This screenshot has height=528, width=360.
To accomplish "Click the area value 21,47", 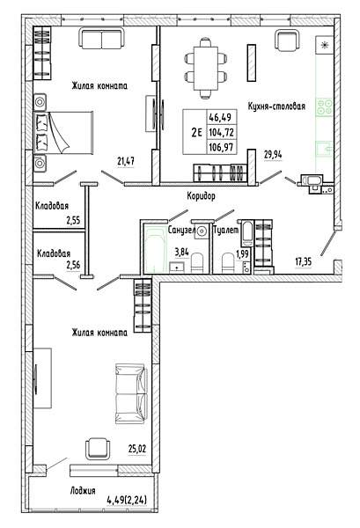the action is (x=126, y=161).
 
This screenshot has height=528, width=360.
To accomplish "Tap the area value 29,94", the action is (x=273, y=155).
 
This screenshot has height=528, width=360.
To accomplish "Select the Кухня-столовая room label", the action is (x=276, y=106).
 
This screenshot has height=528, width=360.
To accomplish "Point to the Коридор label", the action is (x=201, y=195).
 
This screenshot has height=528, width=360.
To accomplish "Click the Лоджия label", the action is (x=83, y=491).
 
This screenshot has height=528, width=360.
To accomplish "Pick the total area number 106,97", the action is (x=221, y=147).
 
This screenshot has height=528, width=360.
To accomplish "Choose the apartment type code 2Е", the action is (x=196, y=133).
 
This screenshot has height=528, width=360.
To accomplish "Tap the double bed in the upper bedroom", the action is (x=63, y=133).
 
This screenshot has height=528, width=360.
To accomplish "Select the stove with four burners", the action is (x=324, y=107).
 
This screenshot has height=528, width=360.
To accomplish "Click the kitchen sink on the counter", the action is (x=324, y=150).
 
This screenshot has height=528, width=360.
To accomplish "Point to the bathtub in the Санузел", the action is (x=155, y=250).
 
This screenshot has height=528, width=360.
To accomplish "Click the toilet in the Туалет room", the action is (x=228, y=263).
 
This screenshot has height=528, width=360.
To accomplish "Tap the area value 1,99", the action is (x=242, y=254).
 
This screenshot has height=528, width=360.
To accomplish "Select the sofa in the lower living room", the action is (x=131, y=393).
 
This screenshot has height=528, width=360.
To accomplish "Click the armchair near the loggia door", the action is (x=98, y=449).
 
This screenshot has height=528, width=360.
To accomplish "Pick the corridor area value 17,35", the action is (x=303, y=261).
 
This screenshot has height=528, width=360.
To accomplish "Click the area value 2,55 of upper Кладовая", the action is (x=73, y=221).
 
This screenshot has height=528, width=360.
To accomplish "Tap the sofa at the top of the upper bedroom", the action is (x=102, y=39).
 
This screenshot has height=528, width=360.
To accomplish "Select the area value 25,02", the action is (x=137, y=449).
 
